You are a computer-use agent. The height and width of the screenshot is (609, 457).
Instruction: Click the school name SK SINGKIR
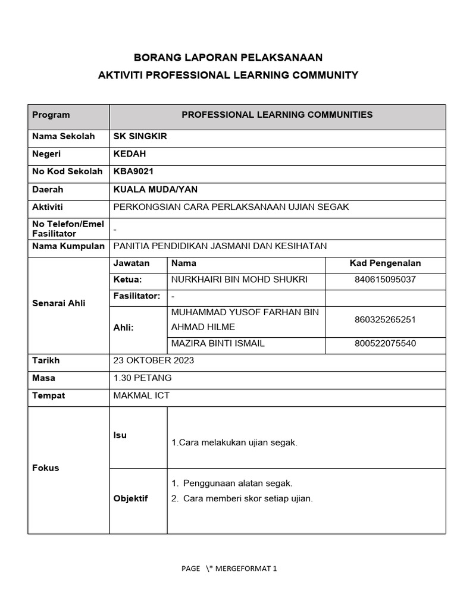click(140, 136)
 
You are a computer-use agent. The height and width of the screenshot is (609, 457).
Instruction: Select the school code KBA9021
click(133, 172)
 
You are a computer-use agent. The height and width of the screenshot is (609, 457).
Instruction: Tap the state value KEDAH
click(130, 154)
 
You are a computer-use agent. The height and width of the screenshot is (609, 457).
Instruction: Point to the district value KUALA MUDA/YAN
click(155, 190)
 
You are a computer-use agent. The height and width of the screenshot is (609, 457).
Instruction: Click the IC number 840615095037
click(385, 280)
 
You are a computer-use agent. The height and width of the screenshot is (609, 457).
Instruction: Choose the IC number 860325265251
click(385, 320)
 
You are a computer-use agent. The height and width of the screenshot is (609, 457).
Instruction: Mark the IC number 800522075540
click(385, 343)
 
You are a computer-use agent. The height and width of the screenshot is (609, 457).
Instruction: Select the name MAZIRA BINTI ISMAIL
click(218, 343)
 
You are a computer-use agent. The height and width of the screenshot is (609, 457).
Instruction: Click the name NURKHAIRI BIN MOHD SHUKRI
click(239, 280)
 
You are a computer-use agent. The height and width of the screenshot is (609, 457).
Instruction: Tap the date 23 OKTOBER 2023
click(154, 360)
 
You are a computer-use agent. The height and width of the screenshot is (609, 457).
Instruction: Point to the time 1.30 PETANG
click(142, 378)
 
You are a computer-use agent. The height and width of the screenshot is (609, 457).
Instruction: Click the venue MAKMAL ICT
click(141, 395)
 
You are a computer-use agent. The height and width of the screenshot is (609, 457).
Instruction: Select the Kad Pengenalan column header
click(385, 263)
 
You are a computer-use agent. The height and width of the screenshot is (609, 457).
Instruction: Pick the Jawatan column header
click(132, 263)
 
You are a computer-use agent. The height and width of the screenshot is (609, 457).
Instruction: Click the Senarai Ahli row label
click(58, 303)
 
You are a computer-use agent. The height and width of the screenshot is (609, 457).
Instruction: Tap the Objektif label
click(130, 498)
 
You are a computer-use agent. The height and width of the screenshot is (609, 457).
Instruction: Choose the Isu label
click(120, 435)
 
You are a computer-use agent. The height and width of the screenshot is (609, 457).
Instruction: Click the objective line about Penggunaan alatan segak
click(237, 484)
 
